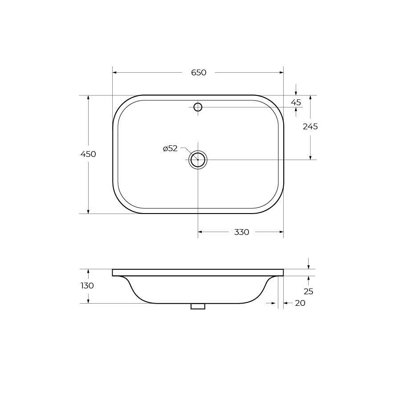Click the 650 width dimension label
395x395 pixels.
coord(199,73)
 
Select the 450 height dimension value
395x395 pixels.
coord(88,154)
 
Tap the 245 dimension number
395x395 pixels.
coord(310,126)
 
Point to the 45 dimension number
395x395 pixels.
coord(296,103)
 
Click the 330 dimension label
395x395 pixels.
coord(241,232)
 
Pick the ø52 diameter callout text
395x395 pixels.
coord(170,148)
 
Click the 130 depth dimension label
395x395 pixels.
coord(87,285)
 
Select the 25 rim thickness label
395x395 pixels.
coord(308,291)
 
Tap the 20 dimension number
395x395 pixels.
coord(300,303)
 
